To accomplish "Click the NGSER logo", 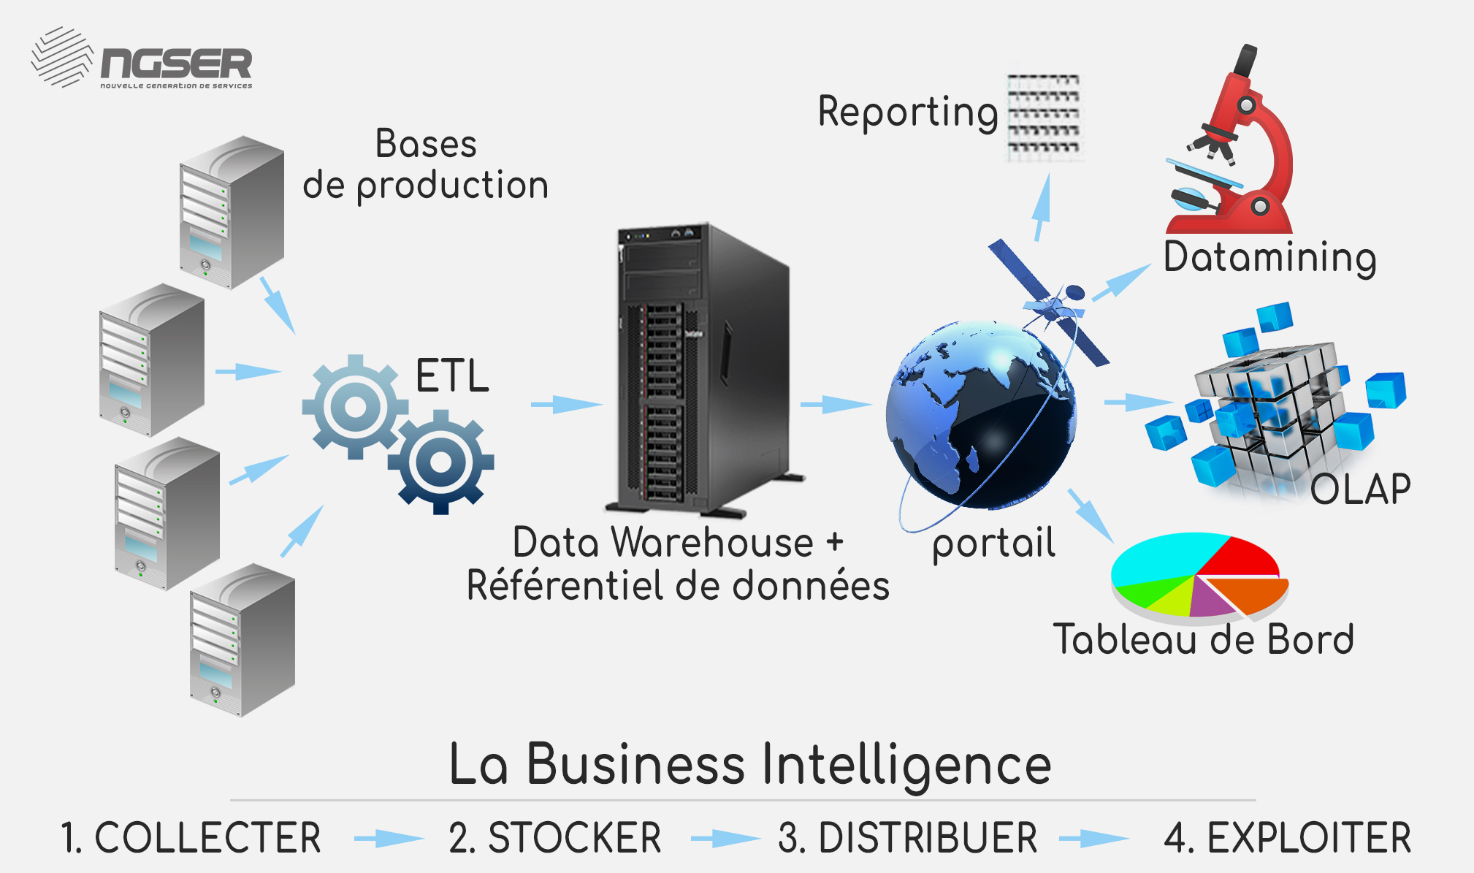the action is coord(142,58).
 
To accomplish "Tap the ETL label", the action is coord(452,375).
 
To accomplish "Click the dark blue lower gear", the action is coord(441,462).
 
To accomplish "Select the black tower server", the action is coord(704,370).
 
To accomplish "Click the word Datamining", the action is coord(1270,258).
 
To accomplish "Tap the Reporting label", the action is coord(908,113).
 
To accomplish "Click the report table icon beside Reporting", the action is coord(1044,113).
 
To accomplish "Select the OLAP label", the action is coord(1360,489).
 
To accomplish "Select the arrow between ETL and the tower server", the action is coord(567,403).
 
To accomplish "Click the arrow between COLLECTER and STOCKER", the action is coord(389,838).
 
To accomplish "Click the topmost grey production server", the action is coord(232,212).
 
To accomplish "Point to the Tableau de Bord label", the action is coord(1203,639).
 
